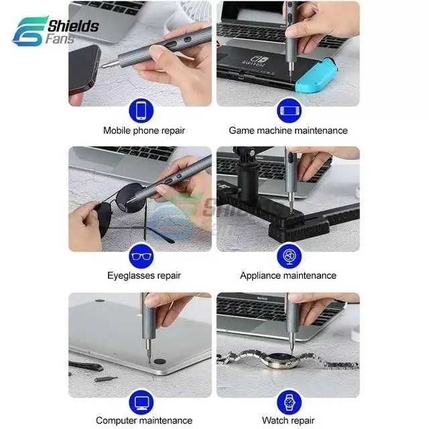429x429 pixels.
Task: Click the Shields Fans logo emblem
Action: point(29,31)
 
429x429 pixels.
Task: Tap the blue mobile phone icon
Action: point(141,111)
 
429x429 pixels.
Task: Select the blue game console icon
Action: point(289,111)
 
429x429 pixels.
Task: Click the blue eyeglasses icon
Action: point(141,255)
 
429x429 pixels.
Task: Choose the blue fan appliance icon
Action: point(289,255)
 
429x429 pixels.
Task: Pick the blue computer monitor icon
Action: point(141,402)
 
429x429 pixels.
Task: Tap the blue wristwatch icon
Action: point(289,402)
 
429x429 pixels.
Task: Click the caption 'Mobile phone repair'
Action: point(143,131)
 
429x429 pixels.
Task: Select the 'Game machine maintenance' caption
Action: point(288,131)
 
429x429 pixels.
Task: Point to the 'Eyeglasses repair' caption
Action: point(143,275)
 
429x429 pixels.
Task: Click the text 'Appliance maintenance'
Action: point(288,275)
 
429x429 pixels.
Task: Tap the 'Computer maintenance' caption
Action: point(143,421)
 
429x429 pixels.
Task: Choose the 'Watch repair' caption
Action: point(288,421)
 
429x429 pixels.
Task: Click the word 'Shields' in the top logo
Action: point(73,26)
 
